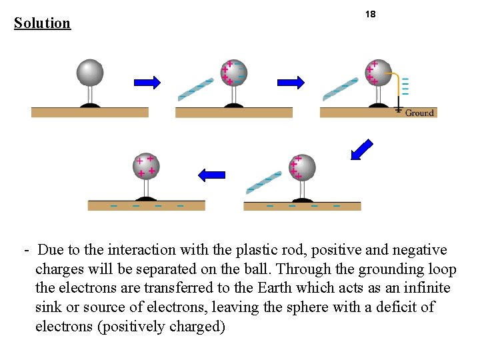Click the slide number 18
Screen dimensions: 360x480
point(371,14)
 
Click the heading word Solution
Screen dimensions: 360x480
point(42,23)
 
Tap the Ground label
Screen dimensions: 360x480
point(419,113)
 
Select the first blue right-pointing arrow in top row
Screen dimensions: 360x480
point(147,82)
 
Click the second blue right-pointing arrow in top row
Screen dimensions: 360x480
point(291,82)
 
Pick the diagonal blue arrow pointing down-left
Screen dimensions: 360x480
point(362,150)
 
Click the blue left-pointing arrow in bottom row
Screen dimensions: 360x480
point(212,175)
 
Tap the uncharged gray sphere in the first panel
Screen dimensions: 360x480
point(89,72)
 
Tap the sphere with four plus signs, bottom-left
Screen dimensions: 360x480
point(146,167)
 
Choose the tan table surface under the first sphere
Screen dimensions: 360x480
point(89,112)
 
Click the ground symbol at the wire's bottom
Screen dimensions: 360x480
point(399,108)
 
